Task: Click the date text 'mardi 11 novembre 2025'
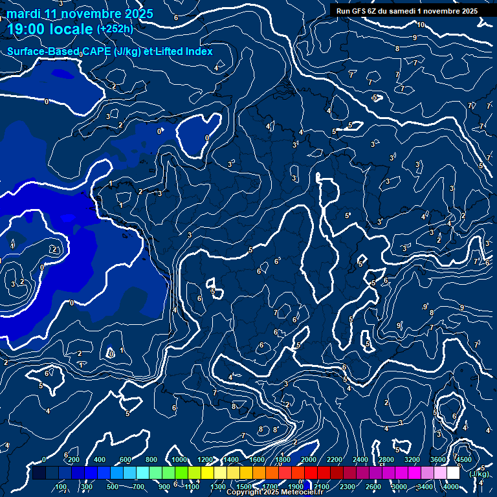tap(80, 14)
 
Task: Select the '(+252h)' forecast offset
tap(115, 28)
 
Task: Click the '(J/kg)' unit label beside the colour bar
tap(480, 474)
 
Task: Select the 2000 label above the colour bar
tap(309, 459)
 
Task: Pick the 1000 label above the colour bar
tap(179, 459)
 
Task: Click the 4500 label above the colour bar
tap(463, 459)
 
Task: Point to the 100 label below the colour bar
tap(61, 487)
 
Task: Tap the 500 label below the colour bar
tap(113, 487)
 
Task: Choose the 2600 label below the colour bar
tap(373, 487)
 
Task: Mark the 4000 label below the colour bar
tap(451, 487)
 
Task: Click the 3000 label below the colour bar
tap(399, 487)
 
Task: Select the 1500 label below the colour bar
tap(244, 487)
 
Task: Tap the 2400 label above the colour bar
tap(360, 459)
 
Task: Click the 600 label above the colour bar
tap(126, 459)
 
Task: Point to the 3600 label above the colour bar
tap(438, 459)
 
